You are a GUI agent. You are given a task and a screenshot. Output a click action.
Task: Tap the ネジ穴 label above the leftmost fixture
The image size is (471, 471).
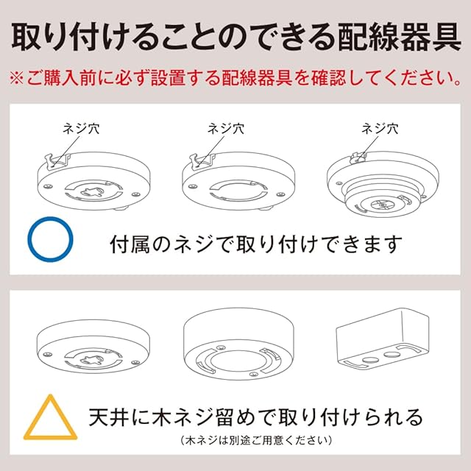point(81,129)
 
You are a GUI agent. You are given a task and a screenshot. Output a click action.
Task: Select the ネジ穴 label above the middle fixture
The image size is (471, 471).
point(226,129)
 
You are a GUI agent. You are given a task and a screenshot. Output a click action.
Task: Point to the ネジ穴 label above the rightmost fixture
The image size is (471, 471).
point(380,129)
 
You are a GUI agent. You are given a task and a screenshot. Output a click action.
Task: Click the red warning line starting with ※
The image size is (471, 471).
point(235,79)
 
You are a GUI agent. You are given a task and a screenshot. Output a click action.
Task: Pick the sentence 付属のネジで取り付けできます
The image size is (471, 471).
point(256,244)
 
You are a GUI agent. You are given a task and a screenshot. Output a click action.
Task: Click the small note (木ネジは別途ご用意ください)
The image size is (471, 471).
point(256,441)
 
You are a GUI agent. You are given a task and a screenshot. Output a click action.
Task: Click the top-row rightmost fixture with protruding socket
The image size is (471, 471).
point(383,184)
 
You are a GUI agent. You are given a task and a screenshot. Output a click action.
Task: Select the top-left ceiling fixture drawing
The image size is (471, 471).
point(93,182)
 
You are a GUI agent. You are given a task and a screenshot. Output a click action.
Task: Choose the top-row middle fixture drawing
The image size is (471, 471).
point(238,182)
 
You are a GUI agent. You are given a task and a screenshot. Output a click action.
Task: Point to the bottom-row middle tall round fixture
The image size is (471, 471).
point(238,344)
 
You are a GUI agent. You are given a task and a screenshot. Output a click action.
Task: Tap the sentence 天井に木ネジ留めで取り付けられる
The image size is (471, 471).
point(256,417)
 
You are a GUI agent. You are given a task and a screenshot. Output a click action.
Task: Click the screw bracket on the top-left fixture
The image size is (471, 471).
point(57,160)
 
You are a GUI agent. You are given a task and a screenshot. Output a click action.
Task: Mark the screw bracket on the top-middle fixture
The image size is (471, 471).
point(202,160)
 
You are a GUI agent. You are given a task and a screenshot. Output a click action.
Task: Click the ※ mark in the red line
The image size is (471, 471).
point(17,79)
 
